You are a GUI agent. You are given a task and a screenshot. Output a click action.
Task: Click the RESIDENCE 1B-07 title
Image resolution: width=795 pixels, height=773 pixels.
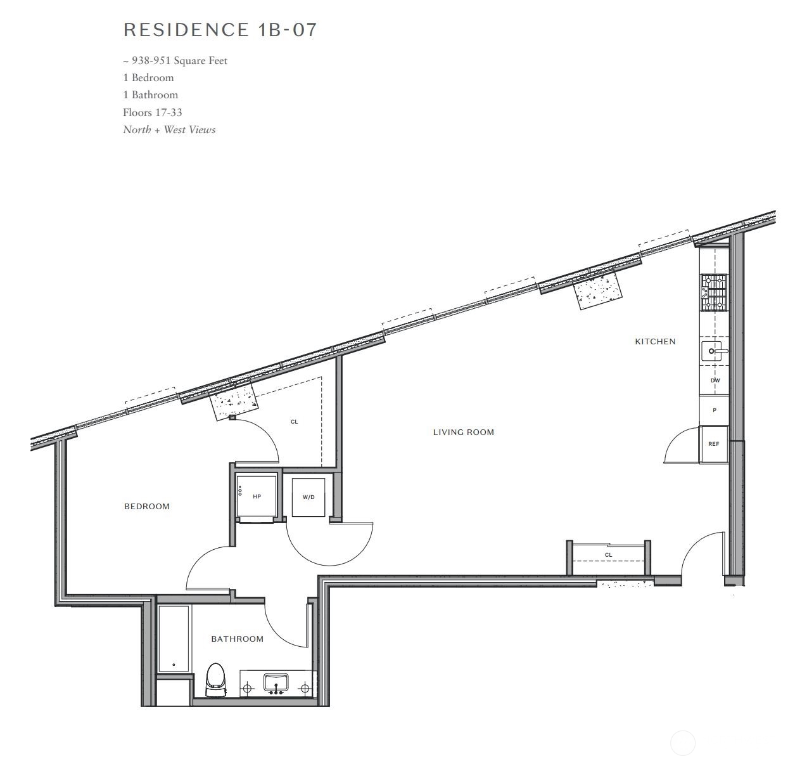(220, 30)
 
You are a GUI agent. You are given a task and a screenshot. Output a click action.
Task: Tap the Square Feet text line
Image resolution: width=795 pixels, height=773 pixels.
(175, 61)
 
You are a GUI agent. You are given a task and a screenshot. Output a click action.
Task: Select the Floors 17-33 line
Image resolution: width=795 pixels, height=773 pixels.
(153, 112)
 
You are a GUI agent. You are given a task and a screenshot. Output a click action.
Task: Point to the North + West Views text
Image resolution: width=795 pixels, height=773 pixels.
(169, 129)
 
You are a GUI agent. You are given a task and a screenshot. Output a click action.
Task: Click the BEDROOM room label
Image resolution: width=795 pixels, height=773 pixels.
(147, 506)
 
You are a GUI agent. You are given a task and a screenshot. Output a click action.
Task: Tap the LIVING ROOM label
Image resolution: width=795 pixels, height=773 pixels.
(463, 432)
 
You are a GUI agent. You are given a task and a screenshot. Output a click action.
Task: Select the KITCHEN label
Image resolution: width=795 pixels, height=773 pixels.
(655, 342)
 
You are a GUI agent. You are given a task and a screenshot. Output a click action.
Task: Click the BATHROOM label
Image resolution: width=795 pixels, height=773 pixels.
(237, 639)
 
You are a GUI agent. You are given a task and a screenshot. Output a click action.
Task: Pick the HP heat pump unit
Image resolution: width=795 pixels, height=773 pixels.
(257, 497)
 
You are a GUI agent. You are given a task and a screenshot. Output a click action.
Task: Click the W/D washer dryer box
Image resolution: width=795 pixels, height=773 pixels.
(308, 497)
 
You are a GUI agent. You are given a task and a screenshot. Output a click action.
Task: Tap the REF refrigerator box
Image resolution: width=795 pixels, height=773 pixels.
(713, 444)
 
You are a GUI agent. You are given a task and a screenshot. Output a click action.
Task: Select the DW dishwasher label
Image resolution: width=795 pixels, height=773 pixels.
(715, 380)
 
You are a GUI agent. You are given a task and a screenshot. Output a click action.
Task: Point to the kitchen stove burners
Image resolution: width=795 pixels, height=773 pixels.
(714, 292)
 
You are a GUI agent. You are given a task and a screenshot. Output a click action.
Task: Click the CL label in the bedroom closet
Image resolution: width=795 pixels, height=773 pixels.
(294, 422)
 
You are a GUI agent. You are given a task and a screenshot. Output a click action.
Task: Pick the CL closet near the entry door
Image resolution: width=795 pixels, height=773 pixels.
(608, 555)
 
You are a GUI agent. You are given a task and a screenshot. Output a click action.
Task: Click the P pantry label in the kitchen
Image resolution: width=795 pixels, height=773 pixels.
(715, 410)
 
